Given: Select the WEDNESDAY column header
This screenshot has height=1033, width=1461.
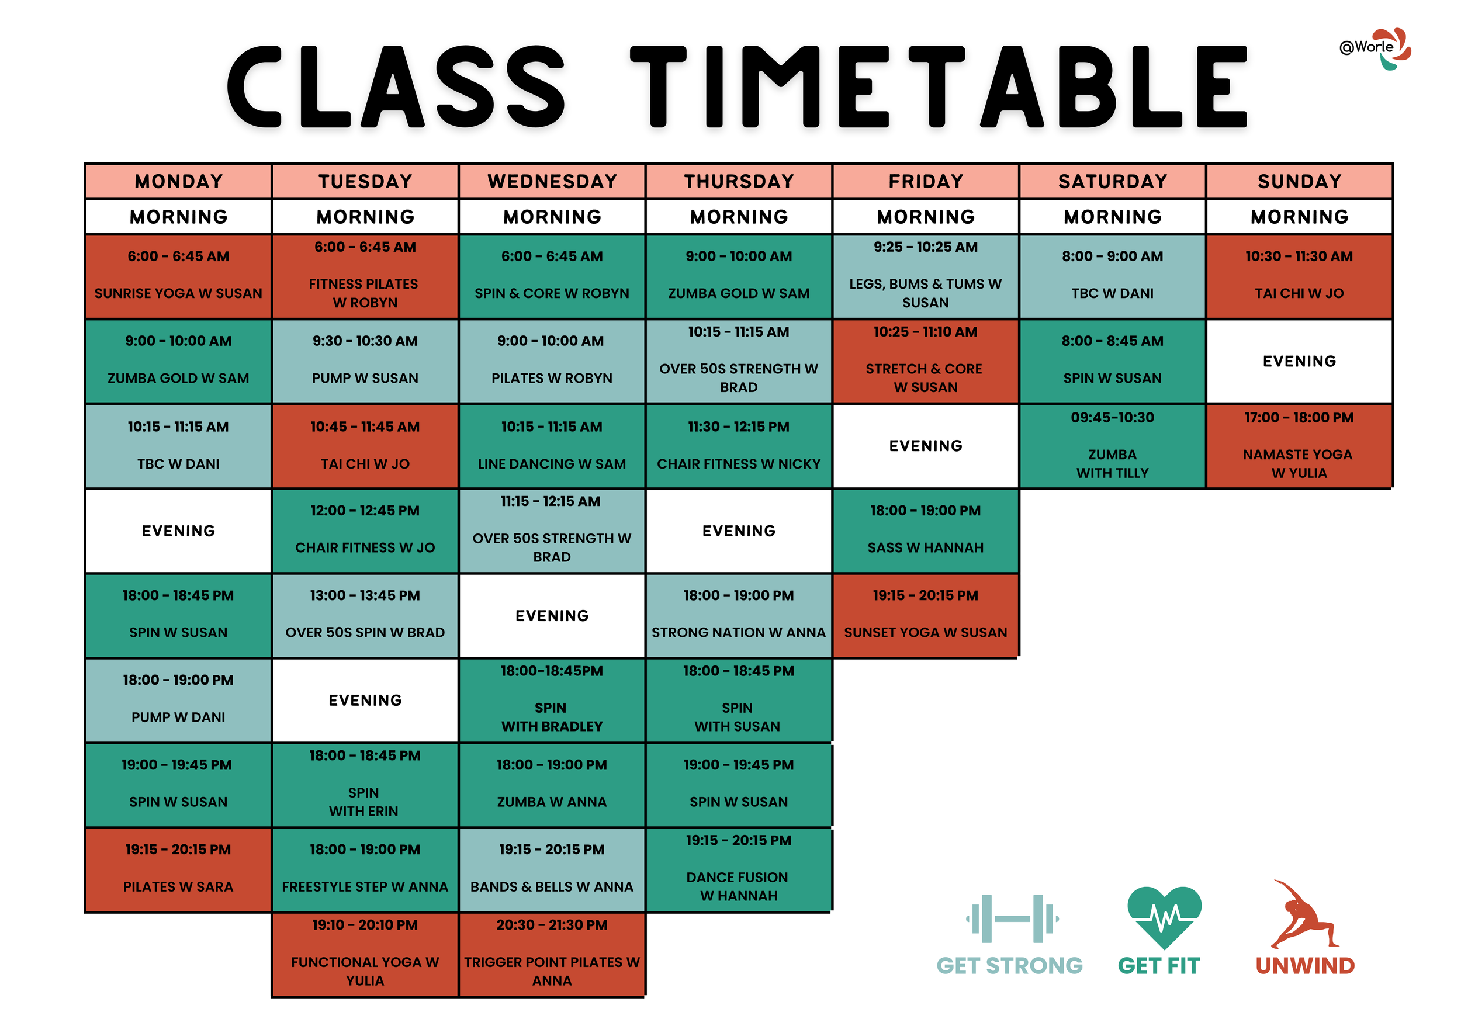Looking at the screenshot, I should click(552, 181).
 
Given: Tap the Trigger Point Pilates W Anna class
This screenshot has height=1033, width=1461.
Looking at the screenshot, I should click(552, 954).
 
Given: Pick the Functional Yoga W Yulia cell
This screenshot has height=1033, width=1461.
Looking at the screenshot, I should click(365, 954).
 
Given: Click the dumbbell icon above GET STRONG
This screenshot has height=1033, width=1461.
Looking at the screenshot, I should click(1011, 918).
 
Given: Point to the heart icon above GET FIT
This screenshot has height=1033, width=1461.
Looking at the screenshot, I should click(1164, 916).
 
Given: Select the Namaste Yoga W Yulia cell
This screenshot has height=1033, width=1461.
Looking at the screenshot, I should click(1299, 446).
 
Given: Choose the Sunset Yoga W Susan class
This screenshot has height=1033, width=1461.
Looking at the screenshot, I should click(925, 615).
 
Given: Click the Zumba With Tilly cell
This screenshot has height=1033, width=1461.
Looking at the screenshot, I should click(1112, 446).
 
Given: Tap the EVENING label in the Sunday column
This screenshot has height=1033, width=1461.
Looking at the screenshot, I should click(1299, 361).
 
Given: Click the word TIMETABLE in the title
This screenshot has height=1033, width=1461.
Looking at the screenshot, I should click(939, 87).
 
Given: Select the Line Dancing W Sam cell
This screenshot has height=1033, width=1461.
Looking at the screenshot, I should click(552, 446).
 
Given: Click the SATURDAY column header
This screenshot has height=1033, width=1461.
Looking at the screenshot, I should click(1112, 181).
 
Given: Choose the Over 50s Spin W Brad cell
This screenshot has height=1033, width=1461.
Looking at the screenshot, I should click(365, 615).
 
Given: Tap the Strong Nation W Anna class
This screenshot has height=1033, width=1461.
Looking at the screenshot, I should click(738, 615).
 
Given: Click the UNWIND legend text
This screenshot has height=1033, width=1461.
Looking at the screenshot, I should click(1304, 966).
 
